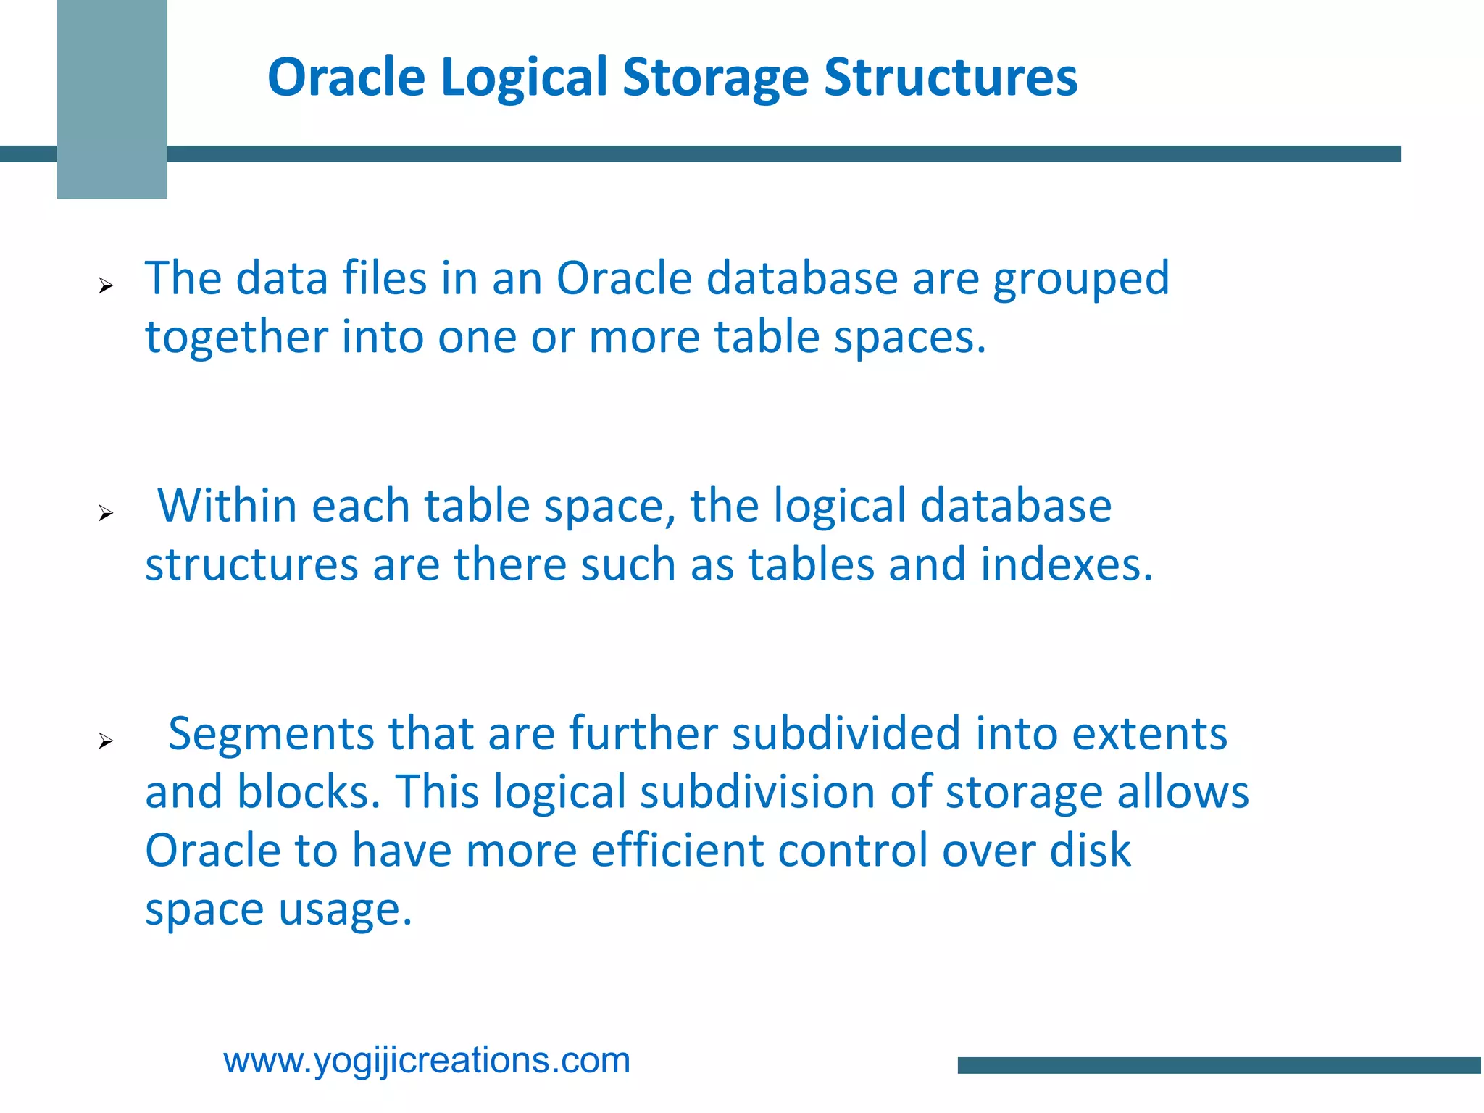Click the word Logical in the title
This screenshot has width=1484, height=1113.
(523, 77)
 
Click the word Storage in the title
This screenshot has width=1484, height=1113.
(715, 77)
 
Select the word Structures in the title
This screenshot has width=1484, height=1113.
(951, 77)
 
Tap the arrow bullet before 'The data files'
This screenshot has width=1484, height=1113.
(106, 286)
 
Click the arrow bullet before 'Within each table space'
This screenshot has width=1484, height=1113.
(106, 514)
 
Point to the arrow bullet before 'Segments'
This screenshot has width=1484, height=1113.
(106, 741)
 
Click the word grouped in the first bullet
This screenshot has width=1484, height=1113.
(1080, 280)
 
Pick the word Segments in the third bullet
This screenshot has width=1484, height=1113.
(271, 733)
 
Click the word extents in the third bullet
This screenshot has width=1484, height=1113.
(1149, 733)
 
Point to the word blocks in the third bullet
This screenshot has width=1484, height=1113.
(304, 791)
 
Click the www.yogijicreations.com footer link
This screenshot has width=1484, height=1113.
(427, 1060)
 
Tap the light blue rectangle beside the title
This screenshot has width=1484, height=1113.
(112, 99)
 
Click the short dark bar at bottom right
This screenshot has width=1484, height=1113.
(1220, 1065)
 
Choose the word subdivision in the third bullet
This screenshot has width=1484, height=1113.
(757, 791)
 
